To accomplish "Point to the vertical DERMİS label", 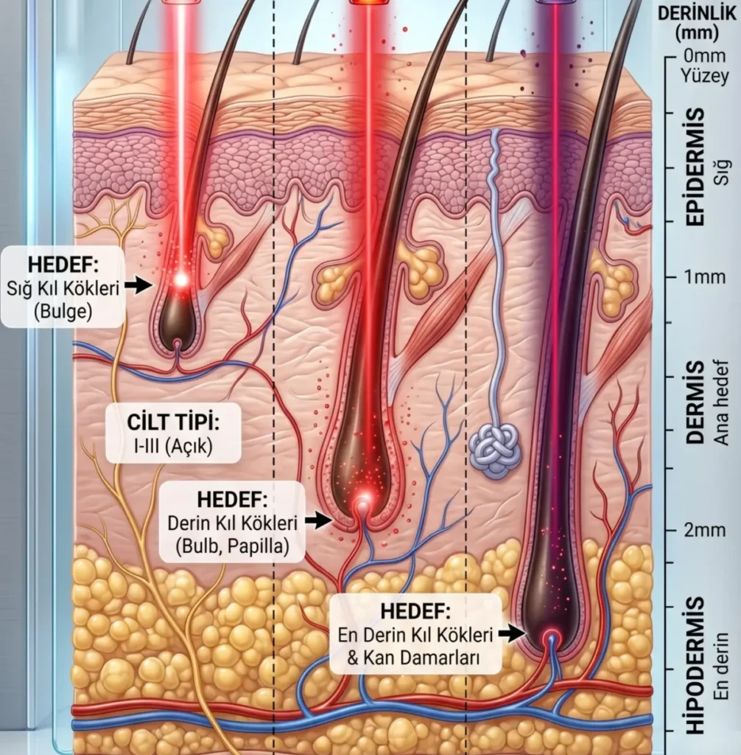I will pos(694,403).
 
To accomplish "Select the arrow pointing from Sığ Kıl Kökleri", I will pos(138,286).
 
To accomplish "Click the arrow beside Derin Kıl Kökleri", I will pos(318,521).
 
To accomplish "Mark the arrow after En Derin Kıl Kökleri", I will pos(512,632).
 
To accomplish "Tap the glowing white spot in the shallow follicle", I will pos(180,279).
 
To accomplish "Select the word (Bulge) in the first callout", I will pos(63,311).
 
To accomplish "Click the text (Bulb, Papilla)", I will pos(232,546).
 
